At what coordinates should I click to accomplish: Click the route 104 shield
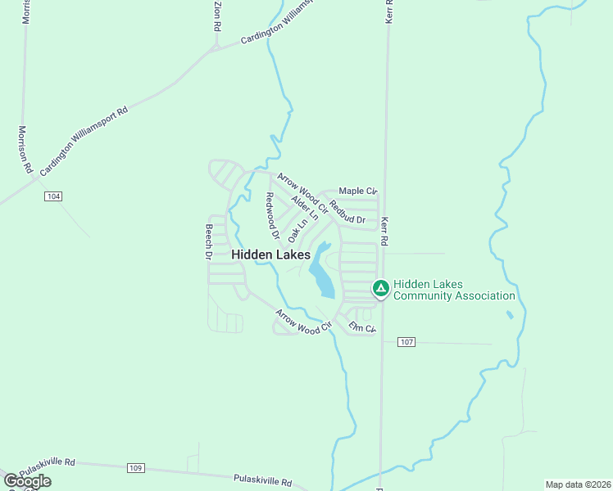53,196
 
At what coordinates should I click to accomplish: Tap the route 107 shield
406,341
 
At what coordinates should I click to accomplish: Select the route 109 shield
136,468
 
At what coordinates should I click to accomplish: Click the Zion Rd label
217,16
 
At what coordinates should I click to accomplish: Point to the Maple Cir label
357,191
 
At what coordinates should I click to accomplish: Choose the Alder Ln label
304,208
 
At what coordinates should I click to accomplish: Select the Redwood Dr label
271,217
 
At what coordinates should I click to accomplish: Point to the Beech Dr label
209,242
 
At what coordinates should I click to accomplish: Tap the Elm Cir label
361,327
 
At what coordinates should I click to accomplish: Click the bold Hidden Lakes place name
270,255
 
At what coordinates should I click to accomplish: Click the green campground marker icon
380,288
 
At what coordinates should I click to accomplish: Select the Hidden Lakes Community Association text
454,290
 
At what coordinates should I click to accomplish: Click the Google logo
27,481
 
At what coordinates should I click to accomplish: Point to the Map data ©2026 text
579,484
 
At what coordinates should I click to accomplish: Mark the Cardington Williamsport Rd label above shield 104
84,139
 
